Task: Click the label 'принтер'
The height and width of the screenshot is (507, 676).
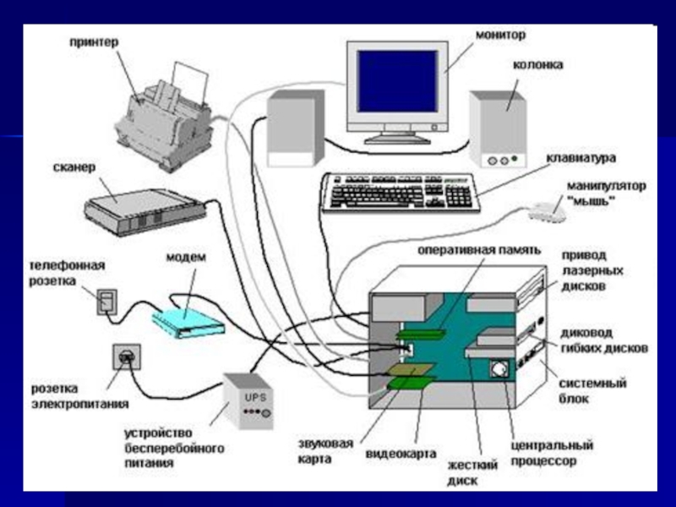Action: point(94,41)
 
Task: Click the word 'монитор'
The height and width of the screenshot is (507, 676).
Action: point(500,35)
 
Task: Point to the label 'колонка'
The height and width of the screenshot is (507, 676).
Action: point(537,64)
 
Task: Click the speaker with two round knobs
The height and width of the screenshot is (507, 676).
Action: point(499,131)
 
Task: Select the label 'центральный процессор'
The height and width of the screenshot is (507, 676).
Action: point(553,453)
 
